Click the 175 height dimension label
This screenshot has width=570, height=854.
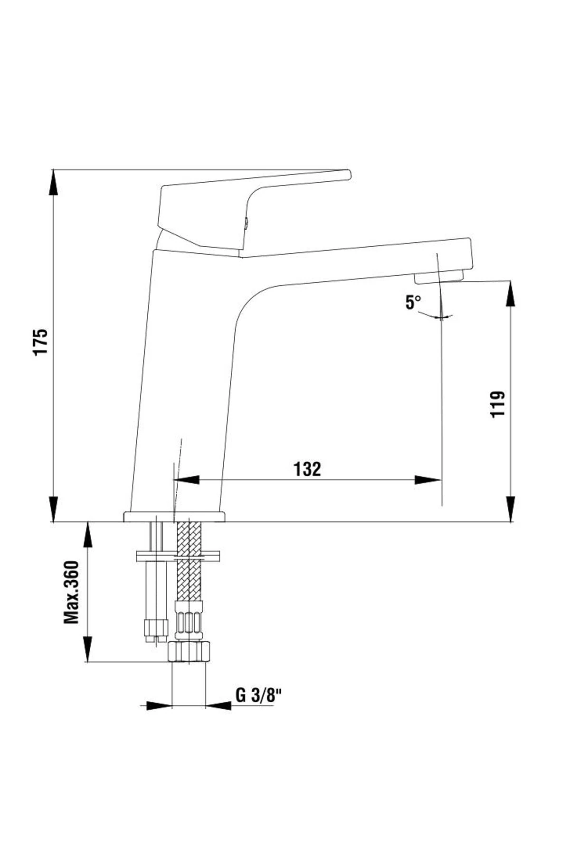coord(41,341)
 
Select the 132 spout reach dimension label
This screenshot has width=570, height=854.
coord(307,469)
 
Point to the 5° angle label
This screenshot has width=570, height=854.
coord(413,302)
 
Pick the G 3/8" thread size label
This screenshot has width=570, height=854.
coord(259,696)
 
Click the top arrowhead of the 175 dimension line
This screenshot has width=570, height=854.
coord(54,183)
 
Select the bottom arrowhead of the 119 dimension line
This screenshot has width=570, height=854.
coord(511,509)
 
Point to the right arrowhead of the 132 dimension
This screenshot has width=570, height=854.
coord(427,480)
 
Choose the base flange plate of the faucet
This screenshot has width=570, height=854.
coord(174,516)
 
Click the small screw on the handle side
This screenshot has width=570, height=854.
coord(247,222)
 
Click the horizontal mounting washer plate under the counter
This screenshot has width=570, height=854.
coord(178,555)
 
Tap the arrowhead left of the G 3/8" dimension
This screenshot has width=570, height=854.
coord(158,705)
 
